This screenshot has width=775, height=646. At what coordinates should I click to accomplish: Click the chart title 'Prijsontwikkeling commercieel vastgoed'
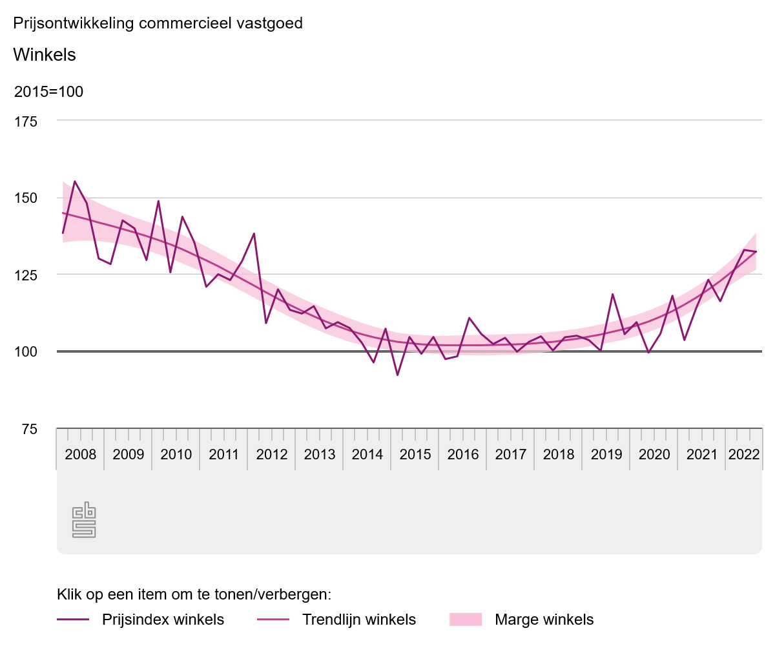click(158, 24)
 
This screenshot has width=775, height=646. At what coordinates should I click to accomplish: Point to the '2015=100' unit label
click(48, 92)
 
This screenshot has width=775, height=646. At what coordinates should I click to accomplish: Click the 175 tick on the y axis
click(26, 121)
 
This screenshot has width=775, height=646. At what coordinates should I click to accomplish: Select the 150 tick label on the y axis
click(26, 198)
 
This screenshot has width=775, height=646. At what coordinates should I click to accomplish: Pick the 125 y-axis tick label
click(26, 275)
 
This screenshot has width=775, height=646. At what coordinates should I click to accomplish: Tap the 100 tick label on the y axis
click(26, 351)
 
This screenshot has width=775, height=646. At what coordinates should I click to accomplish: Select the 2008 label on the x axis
click(81, 454)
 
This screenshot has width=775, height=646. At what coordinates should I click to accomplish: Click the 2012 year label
click(272, 454)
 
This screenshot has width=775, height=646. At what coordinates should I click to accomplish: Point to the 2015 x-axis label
click(415, 454)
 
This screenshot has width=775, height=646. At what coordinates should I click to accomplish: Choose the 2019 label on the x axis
click(606, 454)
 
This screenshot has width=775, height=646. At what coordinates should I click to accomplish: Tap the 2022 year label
click(744, 454)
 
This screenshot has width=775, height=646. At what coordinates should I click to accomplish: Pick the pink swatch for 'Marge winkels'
click(466, 620)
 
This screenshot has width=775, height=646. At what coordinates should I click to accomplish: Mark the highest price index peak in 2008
click(75, 182)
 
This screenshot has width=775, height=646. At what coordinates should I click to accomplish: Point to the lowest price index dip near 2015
click(398, 375)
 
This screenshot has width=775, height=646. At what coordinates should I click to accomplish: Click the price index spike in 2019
click(612, 294)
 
